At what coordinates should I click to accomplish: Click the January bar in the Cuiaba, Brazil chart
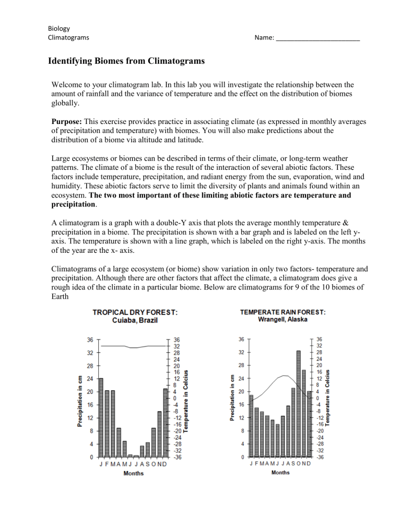point(101,418)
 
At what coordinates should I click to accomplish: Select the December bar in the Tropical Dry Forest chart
point(165,423)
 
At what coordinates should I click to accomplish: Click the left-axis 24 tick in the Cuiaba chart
point(89,378)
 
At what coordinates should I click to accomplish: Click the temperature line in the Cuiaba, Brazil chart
point(133,346)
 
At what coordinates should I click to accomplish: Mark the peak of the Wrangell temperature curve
point(285,376)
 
